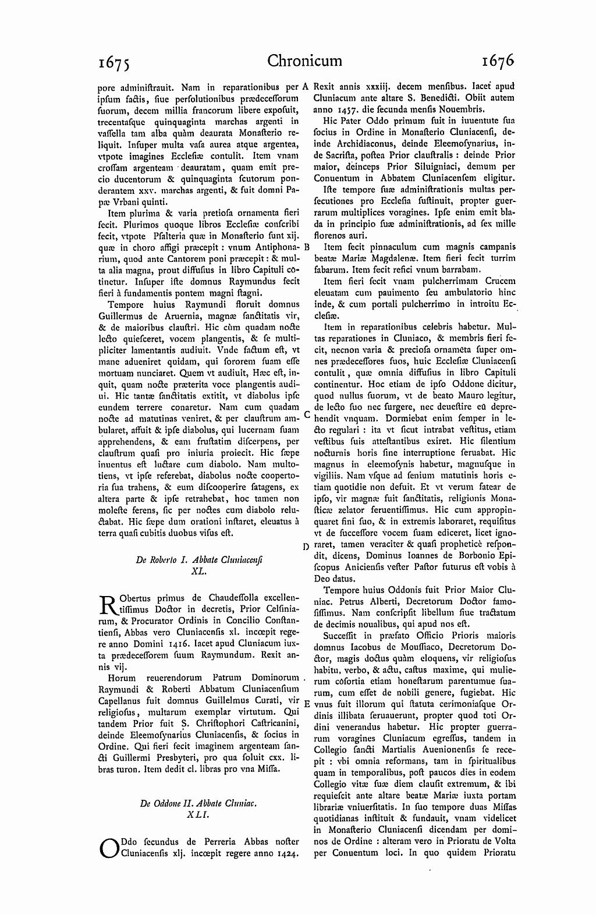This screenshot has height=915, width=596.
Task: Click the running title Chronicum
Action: (305, 61)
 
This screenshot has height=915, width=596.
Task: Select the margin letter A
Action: (304, 86)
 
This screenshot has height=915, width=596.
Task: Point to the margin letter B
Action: (306, 247)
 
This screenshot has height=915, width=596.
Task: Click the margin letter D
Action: (306, 546)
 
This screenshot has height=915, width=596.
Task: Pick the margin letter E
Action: (306, 703)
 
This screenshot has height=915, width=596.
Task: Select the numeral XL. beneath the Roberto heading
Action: (199, 572)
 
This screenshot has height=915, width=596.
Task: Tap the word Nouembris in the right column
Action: (464, 109)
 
